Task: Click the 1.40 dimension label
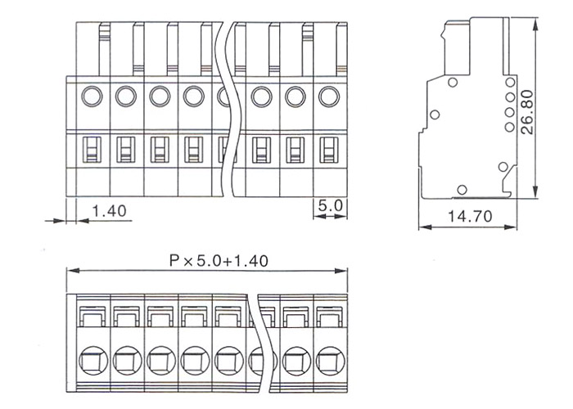tap(109, 211)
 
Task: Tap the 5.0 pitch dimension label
tap(331, 206)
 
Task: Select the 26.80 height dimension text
tap(527, 112)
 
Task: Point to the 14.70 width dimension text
tap(470, 217)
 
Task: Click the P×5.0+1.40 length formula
tap(219, 261)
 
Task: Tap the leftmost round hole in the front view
tap(92, 96)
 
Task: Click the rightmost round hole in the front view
tap(329, 97)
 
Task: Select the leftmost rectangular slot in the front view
tap(92, 150)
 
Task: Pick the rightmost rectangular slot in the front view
tap(329, 150)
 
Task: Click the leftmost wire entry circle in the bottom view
tap(93, 361)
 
